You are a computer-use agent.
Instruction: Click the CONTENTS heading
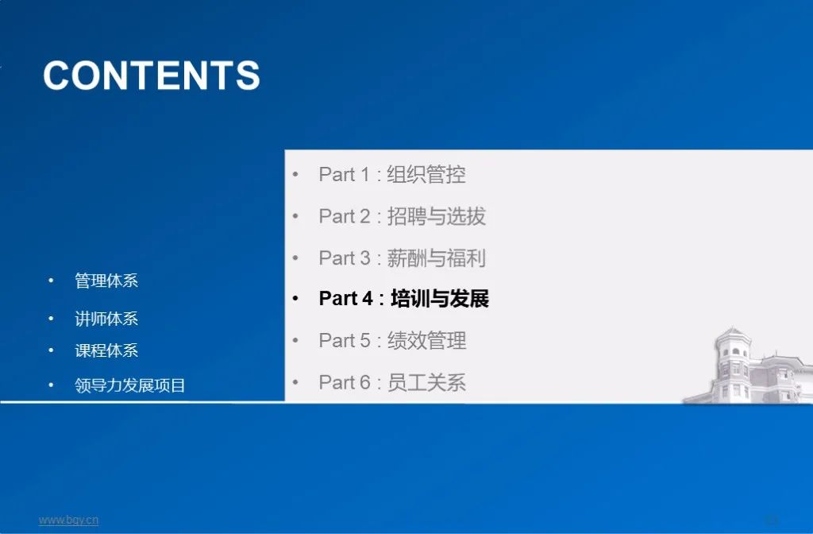(152, 75)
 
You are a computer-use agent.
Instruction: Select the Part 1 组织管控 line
(392, 175)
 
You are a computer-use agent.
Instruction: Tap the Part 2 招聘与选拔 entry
(402, 216)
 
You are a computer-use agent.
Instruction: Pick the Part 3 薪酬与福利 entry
(402, 257)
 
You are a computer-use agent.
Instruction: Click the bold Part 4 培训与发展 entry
(403, 299)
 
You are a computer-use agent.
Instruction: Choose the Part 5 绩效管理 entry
(392, 341)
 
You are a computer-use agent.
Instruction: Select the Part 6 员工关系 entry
(392, 382)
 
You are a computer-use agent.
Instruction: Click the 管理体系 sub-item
(106, 281)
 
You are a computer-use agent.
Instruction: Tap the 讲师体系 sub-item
(106, 319)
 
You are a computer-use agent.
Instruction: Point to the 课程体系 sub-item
(106, 350)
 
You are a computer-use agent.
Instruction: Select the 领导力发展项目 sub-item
(130, 386)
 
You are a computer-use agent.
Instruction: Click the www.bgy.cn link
(69, 520)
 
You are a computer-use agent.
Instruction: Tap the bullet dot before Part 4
(295, 300)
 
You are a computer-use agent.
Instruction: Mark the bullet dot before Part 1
(295, 175)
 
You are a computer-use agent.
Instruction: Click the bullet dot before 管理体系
(52, 281)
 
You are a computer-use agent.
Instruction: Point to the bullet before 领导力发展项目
(52, 386)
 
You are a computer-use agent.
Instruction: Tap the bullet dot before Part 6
(295, 383)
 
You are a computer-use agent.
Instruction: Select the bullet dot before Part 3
(295, 258)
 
